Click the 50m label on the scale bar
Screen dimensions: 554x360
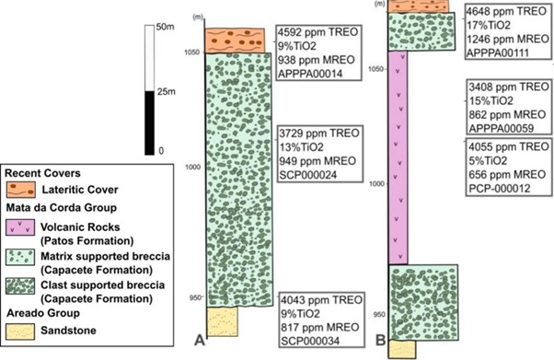click(165, 27)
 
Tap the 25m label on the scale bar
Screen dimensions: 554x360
click(166, 92)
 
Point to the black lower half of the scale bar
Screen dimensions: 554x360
click(149, 122)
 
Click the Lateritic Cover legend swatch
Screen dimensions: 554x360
click(21, 190)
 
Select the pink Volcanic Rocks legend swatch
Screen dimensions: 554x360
click(20, 227)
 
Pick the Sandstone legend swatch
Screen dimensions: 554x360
click(20, 331)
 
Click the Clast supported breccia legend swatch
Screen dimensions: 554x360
click(20, 286)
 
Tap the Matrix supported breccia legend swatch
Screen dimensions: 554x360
click(20, 257)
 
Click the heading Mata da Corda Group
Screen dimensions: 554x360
click(61, 207)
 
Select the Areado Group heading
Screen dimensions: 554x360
click(42, 313)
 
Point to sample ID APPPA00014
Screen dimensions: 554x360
click(310, 74)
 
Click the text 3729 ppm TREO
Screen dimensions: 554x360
click(319, 133)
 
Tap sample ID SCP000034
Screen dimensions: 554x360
click(310, 341)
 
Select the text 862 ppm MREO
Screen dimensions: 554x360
click(507, 114)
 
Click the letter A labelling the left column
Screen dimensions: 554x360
click(200, 340)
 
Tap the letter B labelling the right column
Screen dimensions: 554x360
click(380, 340)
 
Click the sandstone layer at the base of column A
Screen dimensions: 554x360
click(222, 321)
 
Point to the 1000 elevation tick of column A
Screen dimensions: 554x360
click(193, 167)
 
